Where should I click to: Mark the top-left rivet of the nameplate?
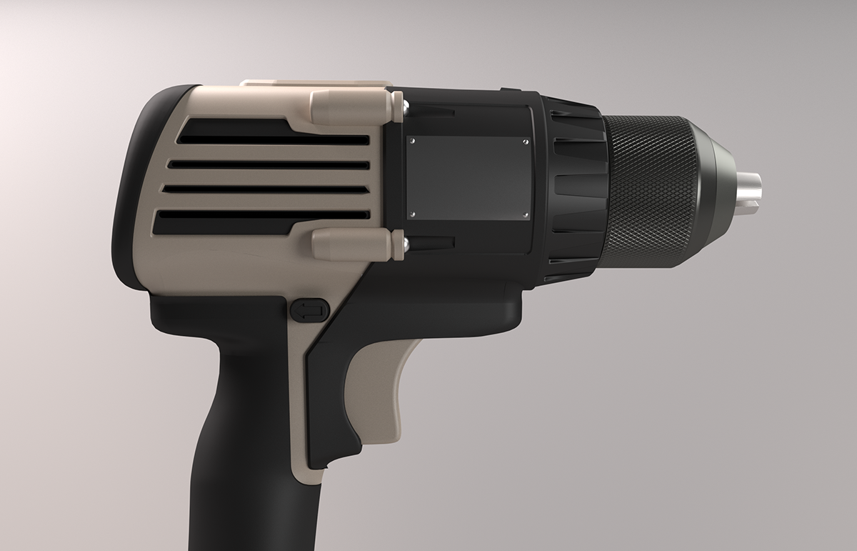coord(411,142)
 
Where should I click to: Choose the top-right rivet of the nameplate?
coord(525,142)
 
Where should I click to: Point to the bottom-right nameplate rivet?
coord(525,214)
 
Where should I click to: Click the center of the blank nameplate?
coord(468,178)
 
